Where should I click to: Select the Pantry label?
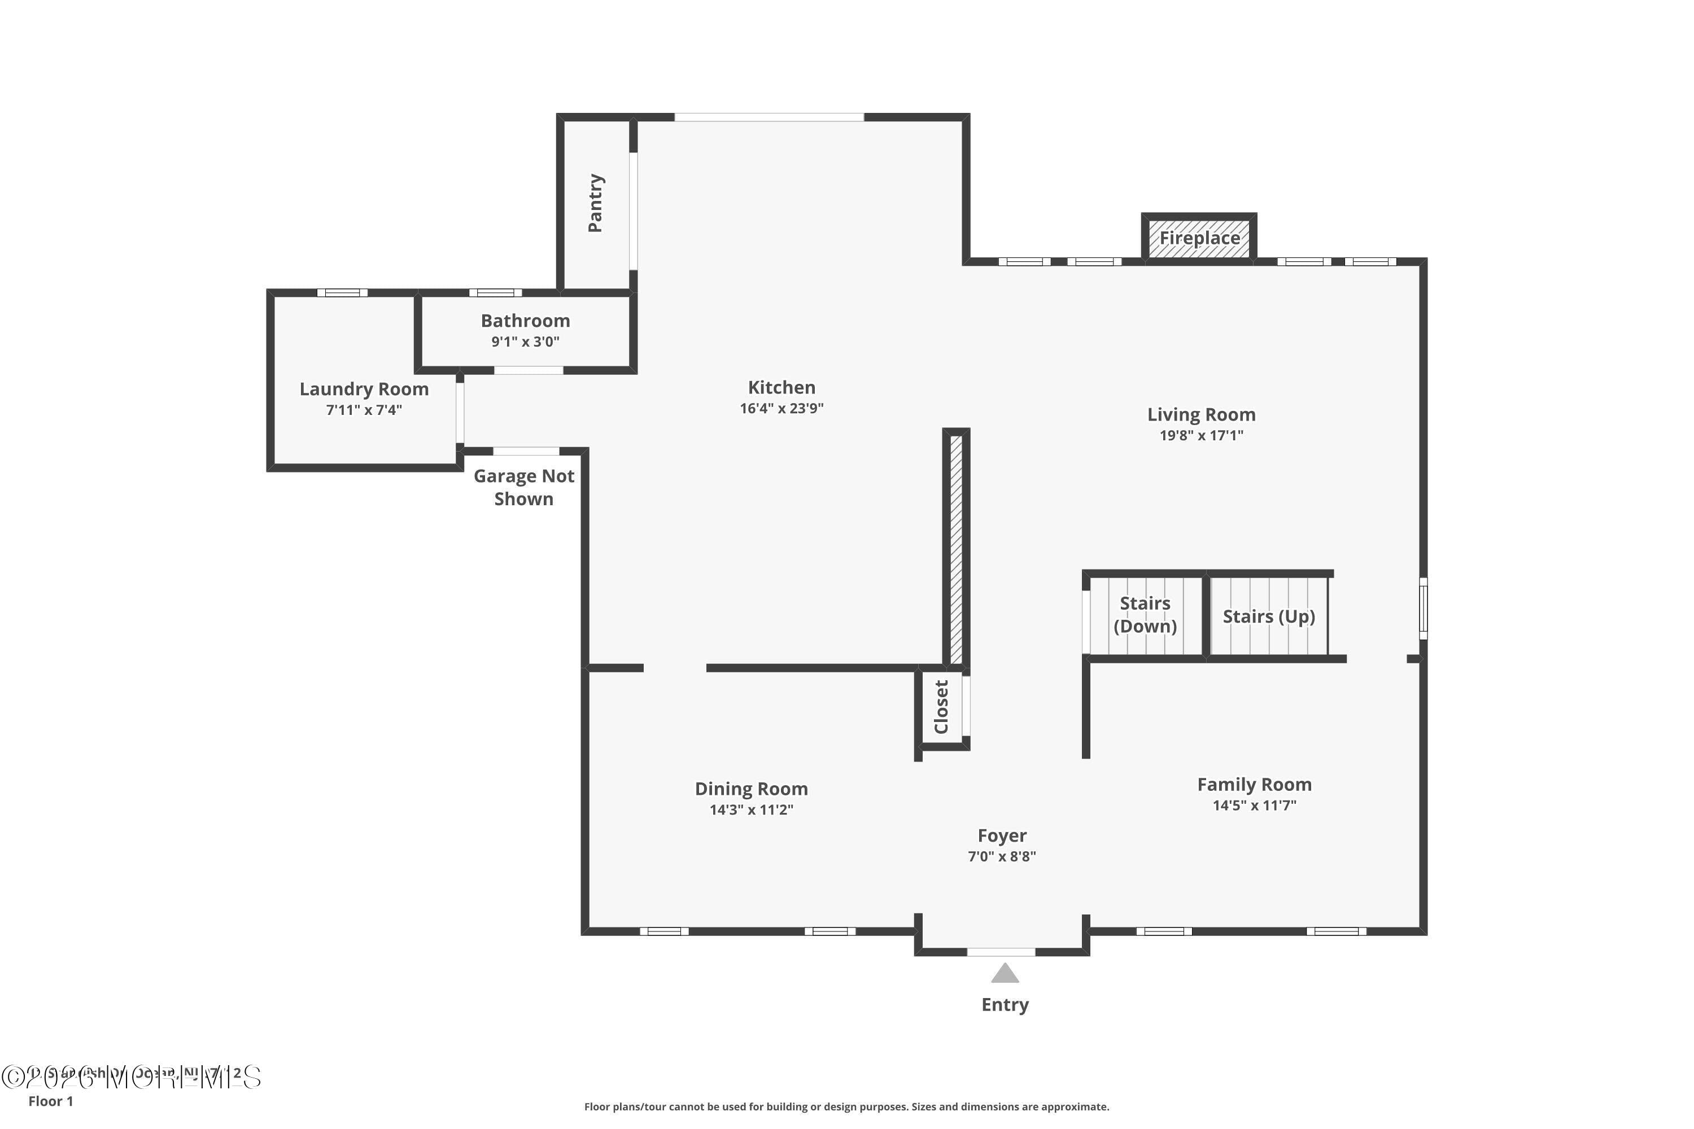(x=595, y=203)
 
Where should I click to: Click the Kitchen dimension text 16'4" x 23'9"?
(x=781, y=408)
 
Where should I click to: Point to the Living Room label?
(x=1200, y=415)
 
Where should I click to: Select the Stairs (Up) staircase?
(x=1268, y=616)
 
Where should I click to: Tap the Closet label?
(x=941, y=707)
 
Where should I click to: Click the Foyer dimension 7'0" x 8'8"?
(x=1002, y=856)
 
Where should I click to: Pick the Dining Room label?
(x=751, y=789)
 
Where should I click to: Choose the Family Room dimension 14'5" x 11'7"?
(x=1254, y=805)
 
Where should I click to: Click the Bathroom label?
(x=525, y=321)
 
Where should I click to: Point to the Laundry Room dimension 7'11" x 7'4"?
(x=364, y=410)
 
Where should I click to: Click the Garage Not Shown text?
(x=523, y=488)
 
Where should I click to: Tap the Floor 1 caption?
(x=50, y=1101)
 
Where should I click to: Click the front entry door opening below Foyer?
(x=1001, y=952)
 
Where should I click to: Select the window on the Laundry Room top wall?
(x=342, y=293)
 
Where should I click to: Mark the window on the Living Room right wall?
(x=1423, y=609)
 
